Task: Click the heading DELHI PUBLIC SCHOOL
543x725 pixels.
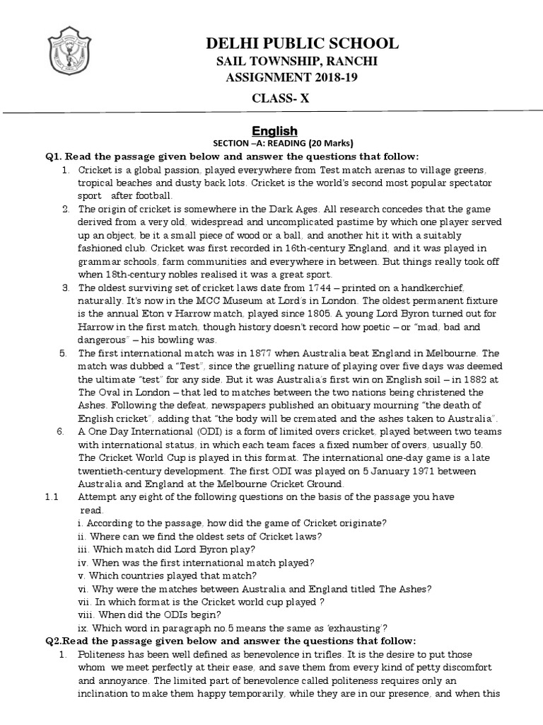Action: click(x=302, y=44)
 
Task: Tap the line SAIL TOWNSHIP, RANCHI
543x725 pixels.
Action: click(x=296, y=62)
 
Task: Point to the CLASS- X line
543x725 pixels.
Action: click(x=281, y=99)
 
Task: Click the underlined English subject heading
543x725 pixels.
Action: click(x=275, y=130)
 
